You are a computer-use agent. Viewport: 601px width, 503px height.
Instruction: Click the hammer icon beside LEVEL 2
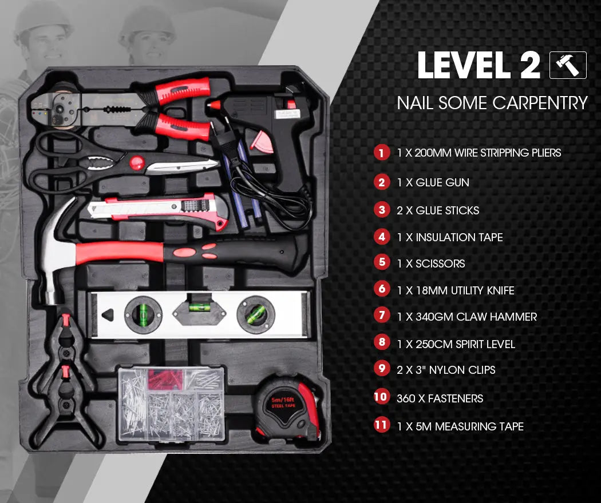pos(568,65)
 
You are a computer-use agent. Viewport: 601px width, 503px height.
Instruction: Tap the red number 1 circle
pos(381,153)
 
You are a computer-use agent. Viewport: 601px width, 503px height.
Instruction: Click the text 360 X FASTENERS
pos(440,398)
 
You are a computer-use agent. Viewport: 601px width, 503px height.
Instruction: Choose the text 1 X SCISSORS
pos(430,264)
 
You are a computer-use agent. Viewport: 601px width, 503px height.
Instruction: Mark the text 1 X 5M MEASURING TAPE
pos(460,426)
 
